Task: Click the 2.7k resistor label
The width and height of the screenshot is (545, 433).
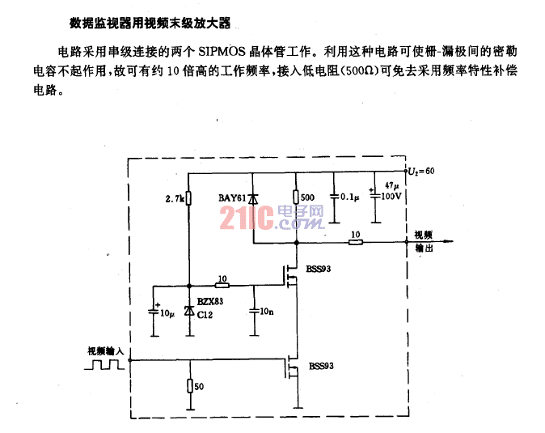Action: click(x=175, y=199)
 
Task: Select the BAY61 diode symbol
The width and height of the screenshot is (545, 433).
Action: click(x=252, y=199)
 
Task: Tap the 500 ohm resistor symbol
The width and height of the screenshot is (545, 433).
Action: click(x=296, y=197)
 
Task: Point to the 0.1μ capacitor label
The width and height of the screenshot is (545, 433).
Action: click(x=350, y=197)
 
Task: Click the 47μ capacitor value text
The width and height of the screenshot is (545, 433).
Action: click(x=392, y=185)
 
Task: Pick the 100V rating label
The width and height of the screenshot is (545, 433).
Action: click(x=391, y=196)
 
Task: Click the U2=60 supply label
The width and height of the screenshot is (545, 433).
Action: click(x=421, y=171)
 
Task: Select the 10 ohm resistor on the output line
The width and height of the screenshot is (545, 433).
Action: click(x=356, y=242)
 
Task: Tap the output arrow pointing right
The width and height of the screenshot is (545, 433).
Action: click(x=431, y=241)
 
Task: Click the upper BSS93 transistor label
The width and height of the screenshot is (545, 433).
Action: click(x=319, y=269)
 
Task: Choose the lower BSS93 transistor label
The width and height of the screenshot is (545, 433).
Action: click(x=321, y=366)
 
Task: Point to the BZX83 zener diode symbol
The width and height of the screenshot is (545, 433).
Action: click(x=189, y=310)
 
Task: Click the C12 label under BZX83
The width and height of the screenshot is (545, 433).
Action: click(x=205, y=315)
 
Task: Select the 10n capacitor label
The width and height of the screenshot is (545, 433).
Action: click(x=267, y=312)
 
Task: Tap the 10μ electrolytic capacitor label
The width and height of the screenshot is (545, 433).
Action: click(x=167, y=313)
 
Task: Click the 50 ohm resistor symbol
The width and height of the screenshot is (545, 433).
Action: click(x=190, y=386)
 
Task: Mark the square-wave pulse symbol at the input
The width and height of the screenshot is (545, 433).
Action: click(x=104, y=364)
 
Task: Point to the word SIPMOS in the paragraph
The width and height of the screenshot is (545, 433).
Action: click(x=222, y=52)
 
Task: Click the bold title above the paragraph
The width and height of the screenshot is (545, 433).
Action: click(x=150, y=23)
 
